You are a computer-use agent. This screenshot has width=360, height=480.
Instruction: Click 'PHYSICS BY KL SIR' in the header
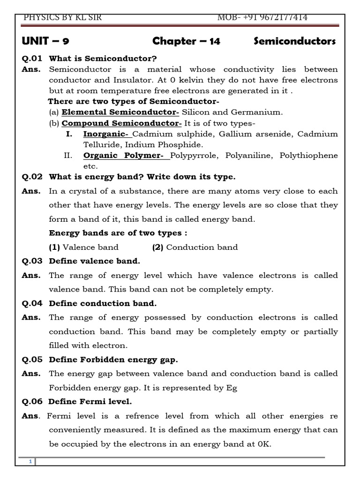[x=62, y=18]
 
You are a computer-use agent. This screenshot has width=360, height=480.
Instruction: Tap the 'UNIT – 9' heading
[x=46, y=42]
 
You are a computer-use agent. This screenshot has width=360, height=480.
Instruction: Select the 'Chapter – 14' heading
[x=186, y=42]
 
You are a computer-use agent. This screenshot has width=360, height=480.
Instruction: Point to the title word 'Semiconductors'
[x=294, y=42]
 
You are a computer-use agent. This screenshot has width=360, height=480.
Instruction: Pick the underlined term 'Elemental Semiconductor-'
[x=120, y=112]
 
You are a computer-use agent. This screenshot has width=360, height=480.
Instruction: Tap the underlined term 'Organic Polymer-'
[x=127, y=155]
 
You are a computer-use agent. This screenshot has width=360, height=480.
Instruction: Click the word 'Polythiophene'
[x=308, y=155]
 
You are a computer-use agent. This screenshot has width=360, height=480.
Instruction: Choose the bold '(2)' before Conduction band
[x=158, y=247]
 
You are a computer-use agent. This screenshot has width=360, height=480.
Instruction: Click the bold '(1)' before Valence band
[x=55, y=247]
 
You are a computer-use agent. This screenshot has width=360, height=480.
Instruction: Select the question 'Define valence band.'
[x=94, y=261]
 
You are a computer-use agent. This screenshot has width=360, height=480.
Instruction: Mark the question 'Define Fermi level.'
[x=90, y=401]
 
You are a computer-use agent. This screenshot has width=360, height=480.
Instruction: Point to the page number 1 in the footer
[x=30, y=462]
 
